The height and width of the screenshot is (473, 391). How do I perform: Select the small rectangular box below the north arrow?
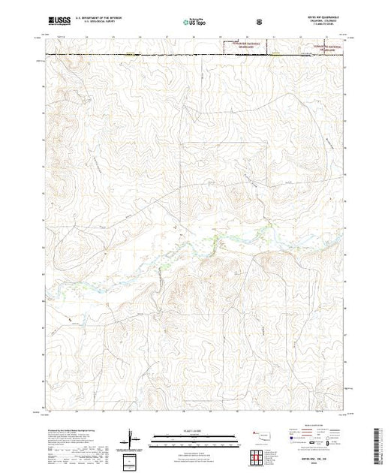(x=131, y=460)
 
